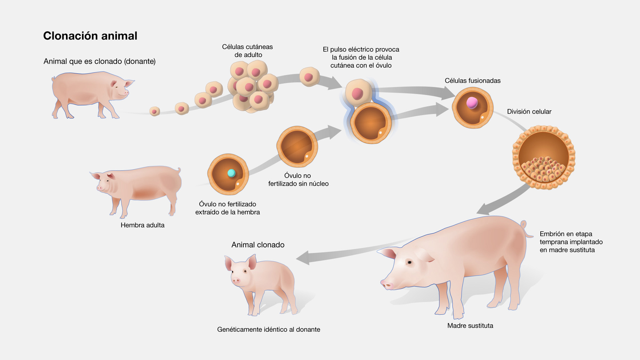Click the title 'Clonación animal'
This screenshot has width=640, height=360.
(90, 36)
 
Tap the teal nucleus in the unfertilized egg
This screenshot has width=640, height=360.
(231, 173)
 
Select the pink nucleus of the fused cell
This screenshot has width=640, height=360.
(472, 103)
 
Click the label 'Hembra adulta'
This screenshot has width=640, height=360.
(142, 225)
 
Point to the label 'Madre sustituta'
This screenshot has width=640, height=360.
(470, 326)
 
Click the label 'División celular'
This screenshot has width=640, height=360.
(529, 112)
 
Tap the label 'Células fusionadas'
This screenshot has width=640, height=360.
(472, 81)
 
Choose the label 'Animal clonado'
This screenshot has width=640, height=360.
(258, 245)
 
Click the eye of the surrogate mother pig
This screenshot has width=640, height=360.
(409, 262)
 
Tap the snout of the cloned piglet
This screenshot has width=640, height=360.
(236, 281)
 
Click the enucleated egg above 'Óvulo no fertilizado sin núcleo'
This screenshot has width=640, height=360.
(297, 146)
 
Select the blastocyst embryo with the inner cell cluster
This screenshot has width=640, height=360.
(544, 157)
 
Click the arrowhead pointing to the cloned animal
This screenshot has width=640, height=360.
(303, 258)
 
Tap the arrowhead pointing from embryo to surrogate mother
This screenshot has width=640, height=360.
(483, 209)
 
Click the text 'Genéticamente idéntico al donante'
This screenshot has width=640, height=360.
(268, 329)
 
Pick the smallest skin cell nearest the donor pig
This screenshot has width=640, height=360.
(155, 111)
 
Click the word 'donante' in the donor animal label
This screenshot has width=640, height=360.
(140, 61)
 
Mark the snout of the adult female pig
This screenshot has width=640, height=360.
(99, 188)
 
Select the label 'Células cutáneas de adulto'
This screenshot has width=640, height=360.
(247, 51)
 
